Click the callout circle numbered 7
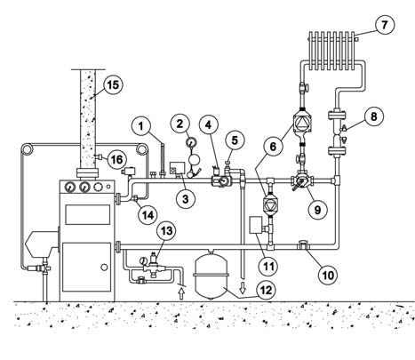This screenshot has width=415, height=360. (x=385, y=25)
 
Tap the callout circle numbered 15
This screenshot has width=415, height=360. (x=113, y=84)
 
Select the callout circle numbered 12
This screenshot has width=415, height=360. (x=266, y=290)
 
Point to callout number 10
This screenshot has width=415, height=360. (x=328, y=275)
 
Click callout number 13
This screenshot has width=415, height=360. (x=167, y=230)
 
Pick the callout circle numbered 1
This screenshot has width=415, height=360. (x=141, y=127)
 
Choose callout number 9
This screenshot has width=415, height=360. (x=317, y=210)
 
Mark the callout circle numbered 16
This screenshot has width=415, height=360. (x=116, y=160)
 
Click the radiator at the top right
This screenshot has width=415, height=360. (x=332, y=51)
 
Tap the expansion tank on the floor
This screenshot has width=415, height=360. (x=211, y=274)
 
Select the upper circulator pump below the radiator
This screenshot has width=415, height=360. (x=302, y=121)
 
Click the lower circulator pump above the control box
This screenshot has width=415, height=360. (x=270, y=204)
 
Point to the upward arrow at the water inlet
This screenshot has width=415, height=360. (x=182, y=294)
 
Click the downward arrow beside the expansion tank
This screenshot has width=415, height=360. (x=243, y=288)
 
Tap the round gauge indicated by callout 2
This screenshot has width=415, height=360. (x=190, y=143)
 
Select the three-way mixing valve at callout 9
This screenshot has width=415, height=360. (x=301, y=181)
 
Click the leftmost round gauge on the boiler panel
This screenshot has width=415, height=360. (x=69, y=187)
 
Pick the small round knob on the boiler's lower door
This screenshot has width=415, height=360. (x=104, y=268)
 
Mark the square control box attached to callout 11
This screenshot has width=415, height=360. (x=256, y=225)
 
